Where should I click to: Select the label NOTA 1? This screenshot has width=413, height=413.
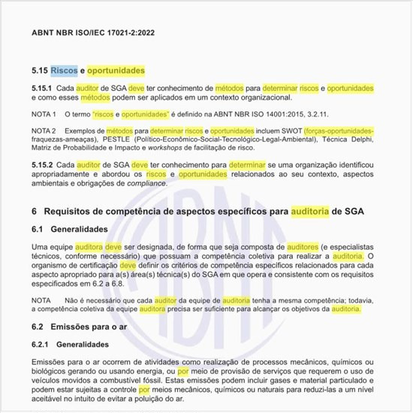pos(44,114)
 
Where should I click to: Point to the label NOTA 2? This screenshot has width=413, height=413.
pos(44,131)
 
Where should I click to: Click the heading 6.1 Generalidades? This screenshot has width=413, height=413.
pos(71,228)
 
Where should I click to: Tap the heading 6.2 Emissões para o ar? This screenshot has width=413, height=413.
pos(83,327)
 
